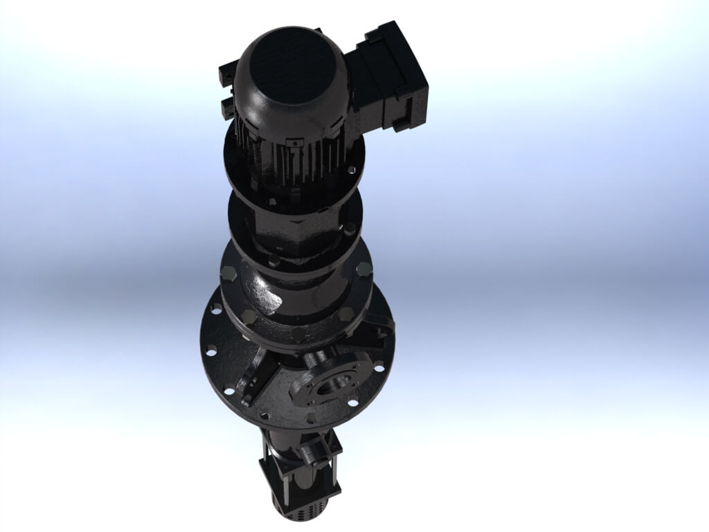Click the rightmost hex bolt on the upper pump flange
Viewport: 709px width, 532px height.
364,269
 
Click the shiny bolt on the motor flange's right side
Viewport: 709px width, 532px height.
353,170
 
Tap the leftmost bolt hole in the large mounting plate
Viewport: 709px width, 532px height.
210,350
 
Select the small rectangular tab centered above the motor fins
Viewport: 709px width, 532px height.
297,141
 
